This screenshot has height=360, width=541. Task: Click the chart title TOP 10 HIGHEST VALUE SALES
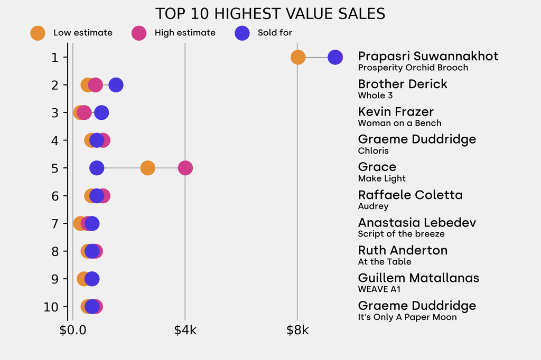[x=270, y=13]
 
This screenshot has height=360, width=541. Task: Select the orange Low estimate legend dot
[x=38, y=33]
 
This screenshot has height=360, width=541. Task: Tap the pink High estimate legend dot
[x=139, y=33]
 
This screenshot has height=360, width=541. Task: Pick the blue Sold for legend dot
[x=242, y=33]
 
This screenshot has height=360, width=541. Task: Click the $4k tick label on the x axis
[x=185, y=331]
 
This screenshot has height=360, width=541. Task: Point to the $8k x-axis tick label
[x=297, y=331]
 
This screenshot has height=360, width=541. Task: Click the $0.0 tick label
[x=73, y=331]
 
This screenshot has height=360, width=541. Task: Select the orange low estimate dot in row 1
[x=298, y=57]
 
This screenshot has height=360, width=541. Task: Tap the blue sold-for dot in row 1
[x=335, y=57]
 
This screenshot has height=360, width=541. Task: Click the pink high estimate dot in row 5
[x=185, y=168]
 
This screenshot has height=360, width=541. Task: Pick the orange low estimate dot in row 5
[x=148, y=168]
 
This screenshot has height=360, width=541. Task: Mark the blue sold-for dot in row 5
[x=97, y=168]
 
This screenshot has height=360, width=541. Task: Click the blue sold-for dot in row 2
[x=116, y=85]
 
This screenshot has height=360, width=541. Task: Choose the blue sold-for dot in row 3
[x=101, y=112]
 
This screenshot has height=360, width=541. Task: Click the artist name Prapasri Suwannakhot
[x=428, y=56]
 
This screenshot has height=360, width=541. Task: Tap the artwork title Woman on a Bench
[x=399, y=123]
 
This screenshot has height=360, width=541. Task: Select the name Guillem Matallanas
[x=418, y=278]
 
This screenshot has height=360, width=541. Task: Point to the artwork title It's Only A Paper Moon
[x=407, y=317]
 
